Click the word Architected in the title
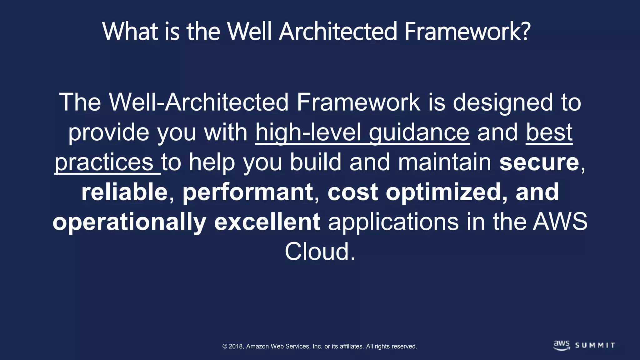(337, 31)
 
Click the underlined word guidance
(419, 132)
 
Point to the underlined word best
(549, 132)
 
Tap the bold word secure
(539, 162)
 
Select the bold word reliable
(124, 192)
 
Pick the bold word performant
(247, 192)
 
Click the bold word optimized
(443, 192)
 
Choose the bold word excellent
(267, 222)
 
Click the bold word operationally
(129, 222)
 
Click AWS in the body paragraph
(560, 222)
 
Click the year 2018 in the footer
(236, 346)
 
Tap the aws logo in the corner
(562, 345)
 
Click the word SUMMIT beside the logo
(595, 345)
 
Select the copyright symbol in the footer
(225, 346)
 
